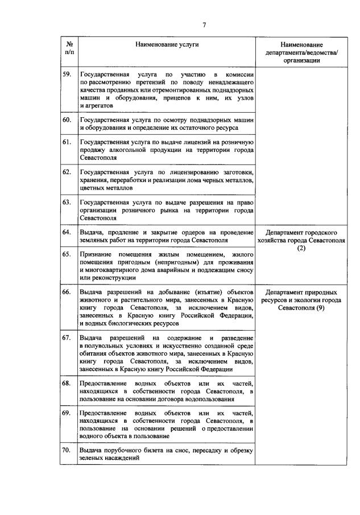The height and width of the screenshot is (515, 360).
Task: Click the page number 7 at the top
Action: coord(204,23)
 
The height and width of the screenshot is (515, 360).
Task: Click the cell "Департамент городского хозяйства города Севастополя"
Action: coord(301,240)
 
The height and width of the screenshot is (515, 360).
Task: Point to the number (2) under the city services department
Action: coord(301,248)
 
